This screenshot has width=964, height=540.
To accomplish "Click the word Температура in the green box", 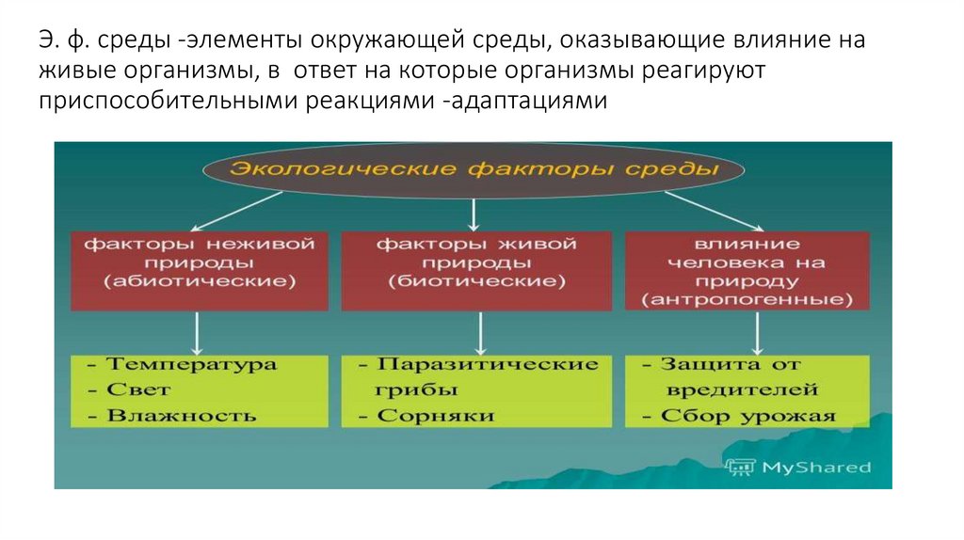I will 192,364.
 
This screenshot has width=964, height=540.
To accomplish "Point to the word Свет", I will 139,389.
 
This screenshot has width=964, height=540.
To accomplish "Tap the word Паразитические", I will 487,364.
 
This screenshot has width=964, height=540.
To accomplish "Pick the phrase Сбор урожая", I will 747,415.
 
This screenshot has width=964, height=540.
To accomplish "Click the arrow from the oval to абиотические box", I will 235,210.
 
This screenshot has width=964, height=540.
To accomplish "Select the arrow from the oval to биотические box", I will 474,214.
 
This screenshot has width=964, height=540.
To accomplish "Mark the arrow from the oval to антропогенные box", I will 714,210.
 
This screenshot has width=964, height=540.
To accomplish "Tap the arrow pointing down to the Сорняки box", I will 481,332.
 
